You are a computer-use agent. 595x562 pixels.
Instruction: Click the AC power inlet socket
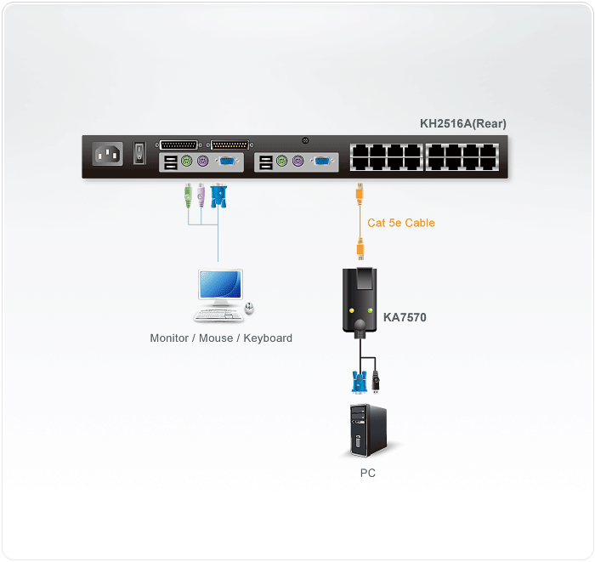click(x=108, y=155)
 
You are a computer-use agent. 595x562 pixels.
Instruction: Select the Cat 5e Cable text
click(x=400, y=223)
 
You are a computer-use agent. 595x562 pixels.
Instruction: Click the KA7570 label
click(x=405, y=318)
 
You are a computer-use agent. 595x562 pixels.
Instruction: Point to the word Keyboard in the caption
click(x=265, y=338)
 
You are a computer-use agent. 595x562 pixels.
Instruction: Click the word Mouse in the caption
click(x=214, y=338)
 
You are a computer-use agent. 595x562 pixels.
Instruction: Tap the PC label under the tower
click(x=367, y=473)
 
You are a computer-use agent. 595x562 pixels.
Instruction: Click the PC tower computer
click(x=367, y=430)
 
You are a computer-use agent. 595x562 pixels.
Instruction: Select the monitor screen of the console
click(x=219, y=286)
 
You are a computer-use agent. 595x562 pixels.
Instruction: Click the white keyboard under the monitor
click(x=216, y=315)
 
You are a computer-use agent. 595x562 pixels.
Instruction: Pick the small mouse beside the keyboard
click(x=249, y=309)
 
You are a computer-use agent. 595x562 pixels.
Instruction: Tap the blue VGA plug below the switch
click(x=218, y=196)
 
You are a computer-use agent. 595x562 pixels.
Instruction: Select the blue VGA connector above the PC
click(x=357, y=380)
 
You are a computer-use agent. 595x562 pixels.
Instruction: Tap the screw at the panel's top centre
click(x=305, y=141)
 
